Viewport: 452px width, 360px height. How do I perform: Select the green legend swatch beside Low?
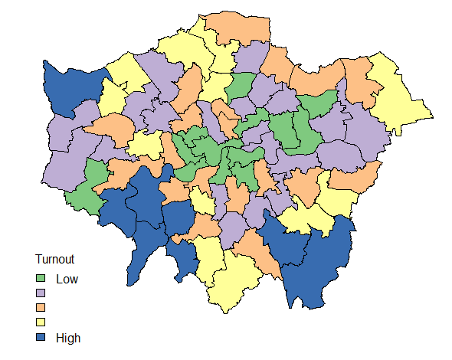[41, 279]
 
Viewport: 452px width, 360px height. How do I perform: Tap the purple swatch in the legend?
[41, 293]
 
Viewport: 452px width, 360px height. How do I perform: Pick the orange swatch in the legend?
[41, 308]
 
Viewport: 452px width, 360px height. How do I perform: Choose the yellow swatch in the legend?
[41, 322]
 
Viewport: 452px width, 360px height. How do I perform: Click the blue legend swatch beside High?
[41, 337]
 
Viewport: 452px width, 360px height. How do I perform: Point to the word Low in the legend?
[67, 279]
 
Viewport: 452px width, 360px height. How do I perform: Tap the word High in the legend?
[68, 337]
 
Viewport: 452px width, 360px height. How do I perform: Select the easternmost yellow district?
[398, 96]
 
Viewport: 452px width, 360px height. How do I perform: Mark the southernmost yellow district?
[234, 283]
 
